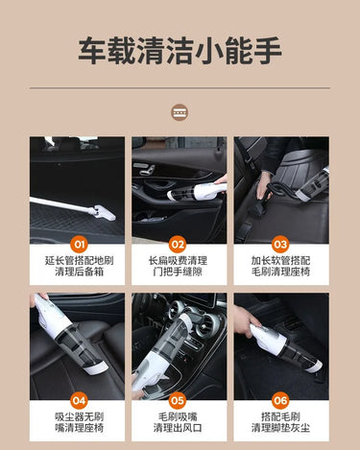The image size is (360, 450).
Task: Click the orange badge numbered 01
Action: [x=79, y=245]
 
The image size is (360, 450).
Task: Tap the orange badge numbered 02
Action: [x=178, y=245]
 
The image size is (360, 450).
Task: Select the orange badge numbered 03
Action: [x=280, y=245]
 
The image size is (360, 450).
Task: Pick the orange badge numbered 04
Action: [x=79, y=400]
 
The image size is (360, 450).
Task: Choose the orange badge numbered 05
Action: [x=178, y=400]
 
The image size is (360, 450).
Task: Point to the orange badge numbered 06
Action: [x=280, y=400]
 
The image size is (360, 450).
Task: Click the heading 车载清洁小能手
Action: [x=180, y=51]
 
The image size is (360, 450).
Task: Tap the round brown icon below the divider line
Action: [x=180, y=112]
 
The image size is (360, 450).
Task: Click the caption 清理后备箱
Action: [x=80, y=272]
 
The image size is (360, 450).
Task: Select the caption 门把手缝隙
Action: [x=178, y=272]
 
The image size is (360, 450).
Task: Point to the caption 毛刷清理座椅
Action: [x=280, y=272]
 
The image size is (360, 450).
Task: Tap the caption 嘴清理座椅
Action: [x=80, y=428]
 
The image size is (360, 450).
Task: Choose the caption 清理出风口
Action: [x=178, y=428]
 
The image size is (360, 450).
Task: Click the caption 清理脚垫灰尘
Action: [x=280, y=428]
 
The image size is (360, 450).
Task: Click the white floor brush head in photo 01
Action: [x=103, y=213]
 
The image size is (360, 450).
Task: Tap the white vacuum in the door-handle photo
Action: [x=197, y=191]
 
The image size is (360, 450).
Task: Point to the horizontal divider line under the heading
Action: [x=180, y=87]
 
